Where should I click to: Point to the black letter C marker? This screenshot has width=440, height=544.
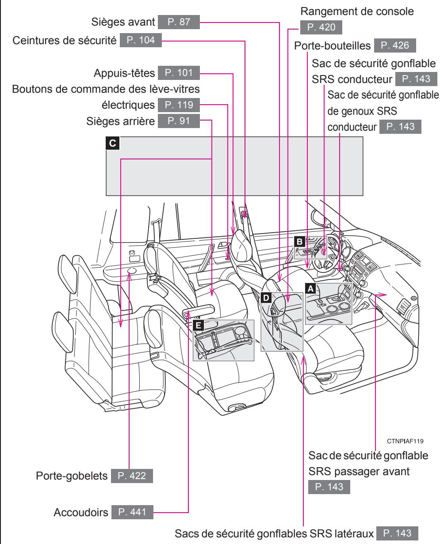pyautogui.click(x=113, y=143)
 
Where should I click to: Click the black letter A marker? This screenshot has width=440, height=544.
pyautogui.click(x=311, y=288)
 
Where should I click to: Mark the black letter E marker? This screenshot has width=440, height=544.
pyautogui.click(x=199, y=325)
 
